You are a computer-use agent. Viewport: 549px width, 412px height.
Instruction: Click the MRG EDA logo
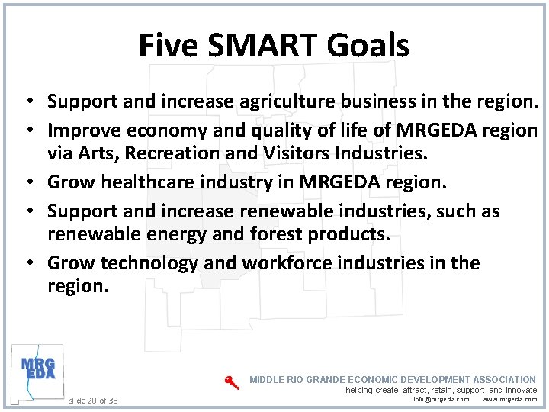37,370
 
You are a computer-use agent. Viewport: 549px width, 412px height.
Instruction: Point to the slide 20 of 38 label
93,400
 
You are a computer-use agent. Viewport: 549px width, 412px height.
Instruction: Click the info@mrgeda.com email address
441,399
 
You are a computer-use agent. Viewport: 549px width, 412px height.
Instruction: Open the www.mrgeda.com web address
509,399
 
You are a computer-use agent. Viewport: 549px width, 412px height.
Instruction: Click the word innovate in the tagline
520,390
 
